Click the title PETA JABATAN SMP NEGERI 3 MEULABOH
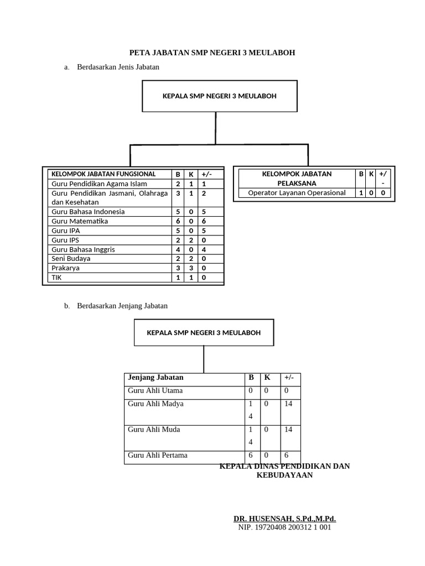pyautogui.click(x=212, y=53)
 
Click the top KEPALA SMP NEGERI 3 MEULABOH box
pyautogui.click(x=220, y=96)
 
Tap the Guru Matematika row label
pyautogui.click(x=80, y=221)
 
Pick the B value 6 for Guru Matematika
pyautogui.click(x=178, y=221)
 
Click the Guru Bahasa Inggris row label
pyautogui.click(x=83, y=249)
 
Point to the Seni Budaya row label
pyautogui.click(x=71, y=258)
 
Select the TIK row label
pyautogui.click(x=57, y=277)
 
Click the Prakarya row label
pyautogui.click(x=65, y=268)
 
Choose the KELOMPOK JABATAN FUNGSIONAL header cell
pyautogui.click(x=103, y=174)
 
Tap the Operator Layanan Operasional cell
pyautogui.click(x=297, y=193)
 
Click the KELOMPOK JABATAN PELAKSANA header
pyautogui.click(x=297, y=178)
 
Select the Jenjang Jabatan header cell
pyautogui.click(x=156, y=378)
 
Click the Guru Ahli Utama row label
pyautogui.click(x=155, y=391)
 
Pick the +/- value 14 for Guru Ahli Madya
pyautogui.click(x=288, y=404)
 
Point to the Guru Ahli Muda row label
pyautogui.click(x=154, y=429)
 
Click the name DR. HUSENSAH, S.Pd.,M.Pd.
pyautogui.click(x=284, y=519)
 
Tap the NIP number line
pyautogui.click(x=284, y=528)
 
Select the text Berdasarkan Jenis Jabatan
pyautogui.click(x=118, y=67)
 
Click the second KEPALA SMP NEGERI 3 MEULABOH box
pyautogui.click(x=204, y=333)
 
